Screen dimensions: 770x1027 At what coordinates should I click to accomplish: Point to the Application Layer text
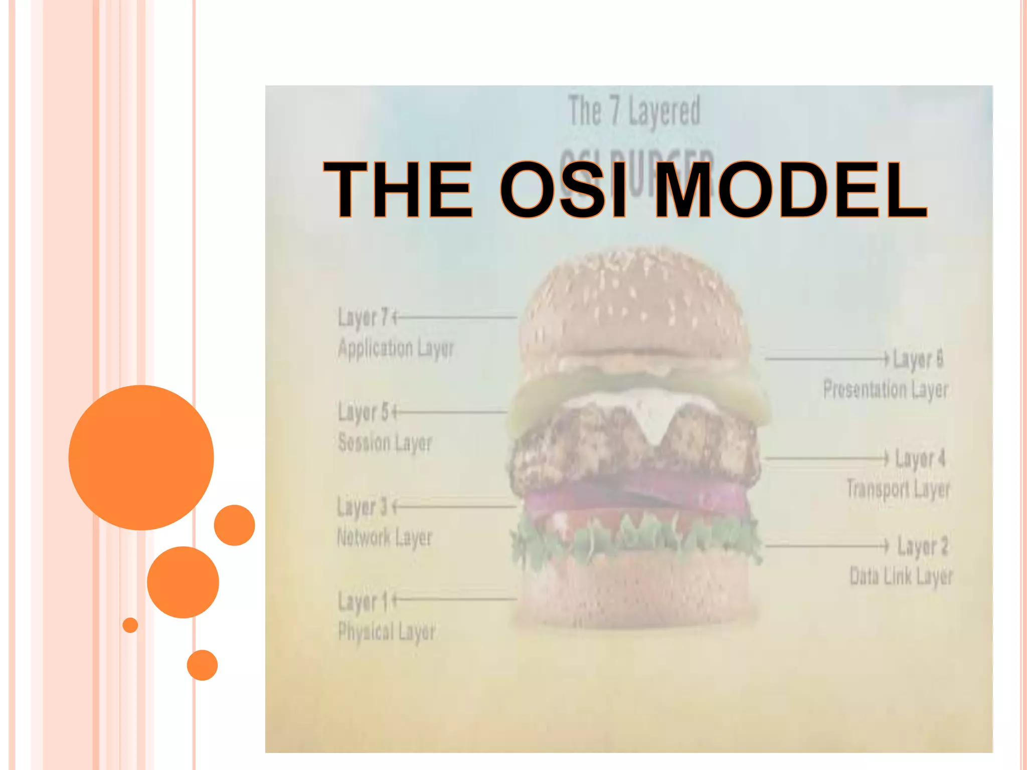pyautogui.click(x=396, y=348)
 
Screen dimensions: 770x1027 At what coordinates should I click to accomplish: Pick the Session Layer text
pyautogui.click(x=385, y=443)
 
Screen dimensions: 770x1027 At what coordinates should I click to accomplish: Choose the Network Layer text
pyautogui.click(x=384, y=538)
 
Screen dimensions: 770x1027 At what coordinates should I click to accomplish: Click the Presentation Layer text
pyautogui.click(x=886, y=390)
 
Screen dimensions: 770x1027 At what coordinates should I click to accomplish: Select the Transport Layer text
pyautogui.click(x=898, y=489)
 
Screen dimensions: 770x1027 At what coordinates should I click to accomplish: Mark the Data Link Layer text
pyautogui.click(x=901, y=576)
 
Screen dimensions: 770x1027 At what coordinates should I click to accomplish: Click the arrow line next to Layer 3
pyautogui.click(x=454, y=507)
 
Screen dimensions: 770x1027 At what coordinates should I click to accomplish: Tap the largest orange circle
pyautogui.click(x=141, y=457)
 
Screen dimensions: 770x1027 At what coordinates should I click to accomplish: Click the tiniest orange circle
pyautogui.click(x=130, y=625)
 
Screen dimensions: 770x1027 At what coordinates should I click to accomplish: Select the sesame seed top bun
pyautogui.click(x=634, y=306)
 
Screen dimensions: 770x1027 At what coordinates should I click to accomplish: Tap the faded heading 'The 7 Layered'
pyautogui.click(x=634, y=111)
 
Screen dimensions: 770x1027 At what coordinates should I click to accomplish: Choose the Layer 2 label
pyautogui.click(x=922, y=546)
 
